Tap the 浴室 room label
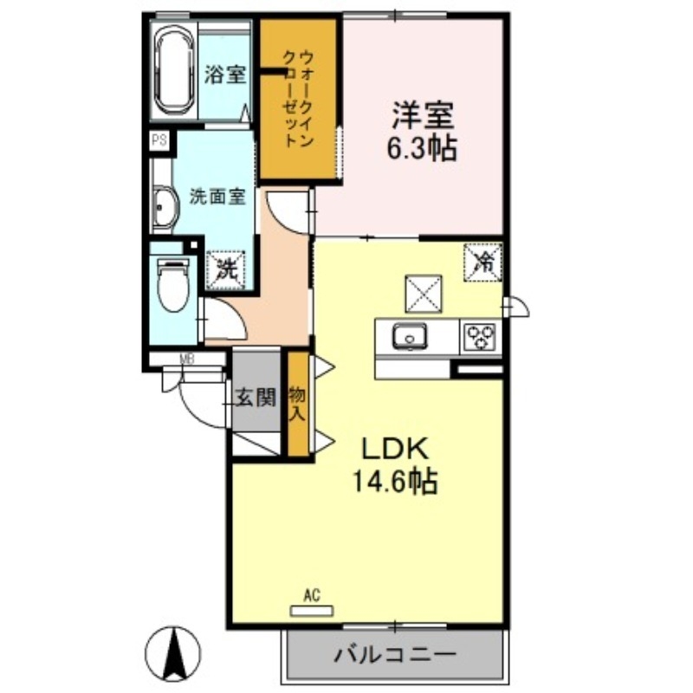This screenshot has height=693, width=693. coord(225,74)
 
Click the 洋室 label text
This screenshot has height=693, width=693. coord(422,115)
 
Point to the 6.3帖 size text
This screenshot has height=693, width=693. coord(422,148)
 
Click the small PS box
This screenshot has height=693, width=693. coord(159,140)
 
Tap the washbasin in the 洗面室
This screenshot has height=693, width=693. coord(163,207)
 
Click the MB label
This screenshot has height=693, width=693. coord(185,359)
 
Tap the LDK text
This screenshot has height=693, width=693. coord(395,449)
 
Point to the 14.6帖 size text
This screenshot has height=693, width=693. coord(394,482)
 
